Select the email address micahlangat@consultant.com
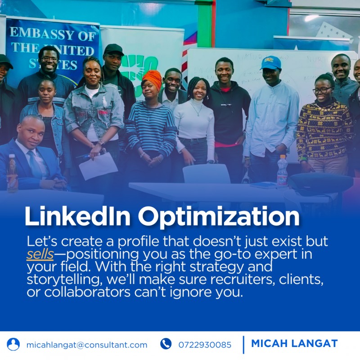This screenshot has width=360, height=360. tap(87, 345)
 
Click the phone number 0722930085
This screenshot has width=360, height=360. tap(205, 345)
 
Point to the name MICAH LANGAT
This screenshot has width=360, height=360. tap(294, 344)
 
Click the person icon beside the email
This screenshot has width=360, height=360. tap(13, 344)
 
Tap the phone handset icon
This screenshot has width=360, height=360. tap(166, 344)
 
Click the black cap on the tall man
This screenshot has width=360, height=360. tap(113, 49)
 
